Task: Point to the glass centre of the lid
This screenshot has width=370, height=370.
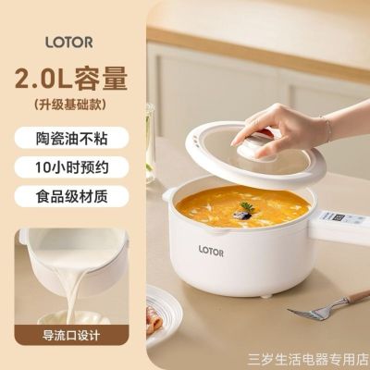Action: (222, 166)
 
